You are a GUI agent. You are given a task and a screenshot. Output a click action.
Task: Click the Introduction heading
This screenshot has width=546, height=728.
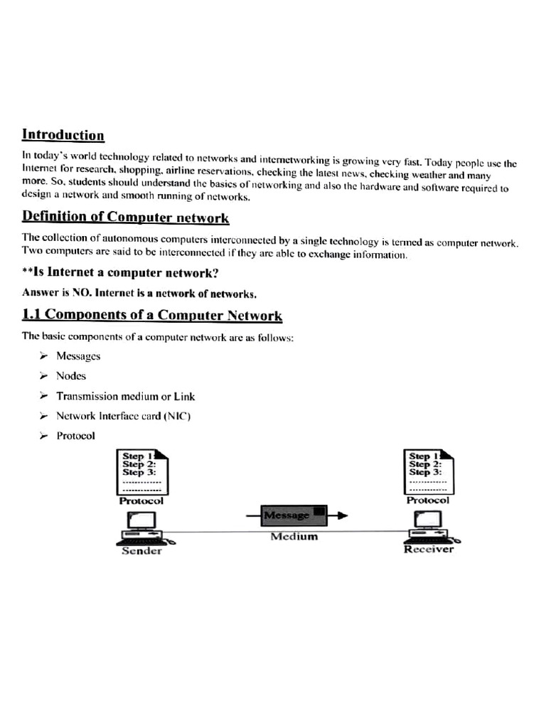63,135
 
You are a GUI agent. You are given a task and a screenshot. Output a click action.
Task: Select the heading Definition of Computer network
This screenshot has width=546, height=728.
125,216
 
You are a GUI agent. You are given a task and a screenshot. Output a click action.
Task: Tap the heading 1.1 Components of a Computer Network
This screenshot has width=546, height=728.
152,316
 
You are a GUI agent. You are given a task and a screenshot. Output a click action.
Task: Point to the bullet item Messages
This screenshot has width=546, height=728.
78,356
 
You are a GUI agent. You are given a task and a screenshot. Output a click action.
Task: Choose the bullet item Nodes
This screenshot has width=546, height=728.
71,376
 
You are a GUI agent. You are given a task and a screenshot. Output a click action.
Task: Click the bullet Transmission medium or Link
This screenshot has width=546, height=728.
125,396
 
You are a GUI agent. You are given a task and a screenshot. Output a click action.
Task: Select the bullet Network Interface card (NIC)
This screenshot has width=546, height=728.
124,416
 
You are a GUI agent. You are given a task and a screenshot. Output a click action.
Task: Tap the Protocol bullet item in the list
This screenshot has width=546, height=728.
75,436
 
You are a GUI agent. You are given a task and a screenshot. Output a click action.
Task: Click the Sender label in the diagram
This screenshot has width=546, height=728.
141,551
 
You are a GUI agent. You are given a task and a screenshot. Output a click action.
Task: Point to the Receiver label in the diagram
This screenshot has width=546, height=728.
428,549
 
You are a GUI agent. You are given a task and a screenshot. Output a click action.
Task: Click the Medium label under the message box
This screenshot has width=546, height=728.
294,536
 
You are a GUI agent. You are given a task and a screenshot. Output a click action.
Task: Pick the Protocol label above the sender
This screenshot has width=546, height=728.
141,500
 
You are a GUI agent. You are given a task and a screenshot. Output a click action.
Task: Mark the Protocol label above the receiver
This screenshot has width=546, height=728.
428,500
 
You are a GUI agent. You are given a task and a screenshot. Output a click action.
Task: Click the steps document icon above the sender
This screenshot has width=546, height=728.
142,471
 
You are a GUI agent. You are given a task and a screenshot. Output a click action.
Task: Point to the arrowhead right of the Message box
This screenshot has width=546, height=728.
342,515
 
